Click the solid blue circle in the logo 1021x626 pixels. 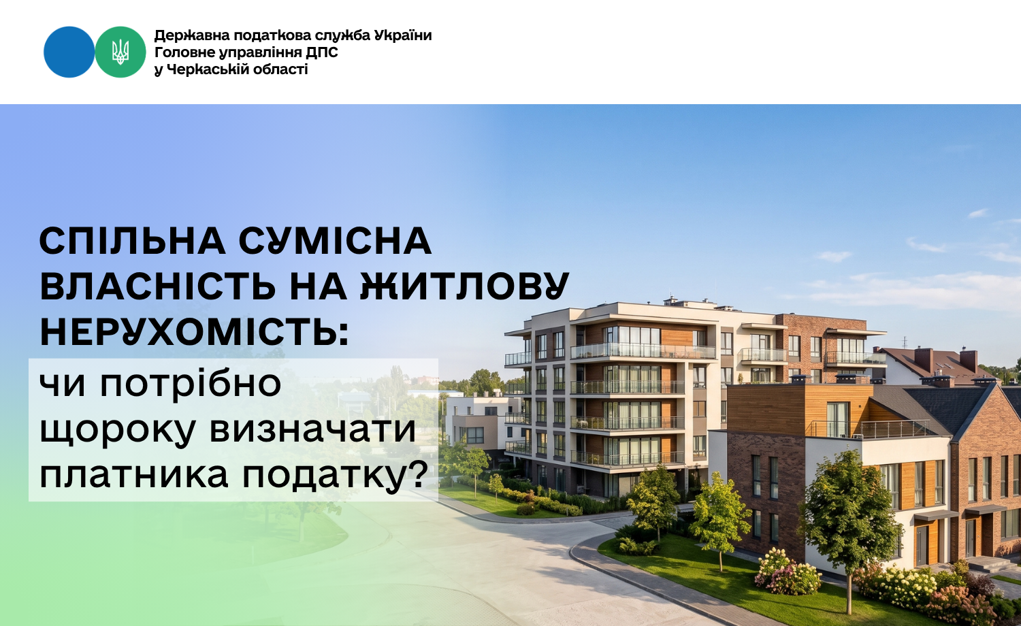[x=69, y=52]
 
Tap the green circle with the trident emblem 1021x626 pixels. [x=120, y=52]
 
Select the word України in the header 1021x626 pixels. [x=403, y=35]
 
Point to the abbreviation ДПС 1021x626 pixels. [x=322, y=53]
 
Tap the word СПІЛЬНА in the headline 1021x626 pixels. [x=133, y=241]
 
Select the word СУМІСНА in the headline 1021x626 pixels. [x=335, y=242]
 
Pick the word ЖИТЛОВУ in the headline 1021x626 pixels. [x=464, y=286]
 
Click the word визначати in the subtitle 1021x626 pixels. [x=312, y=429]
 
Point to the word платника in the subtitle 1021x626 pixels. [x=134, y=476]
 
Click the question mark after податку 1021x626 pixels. [x=418, y=473]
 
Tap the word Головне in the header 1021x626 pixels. [x=182, y=53]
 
